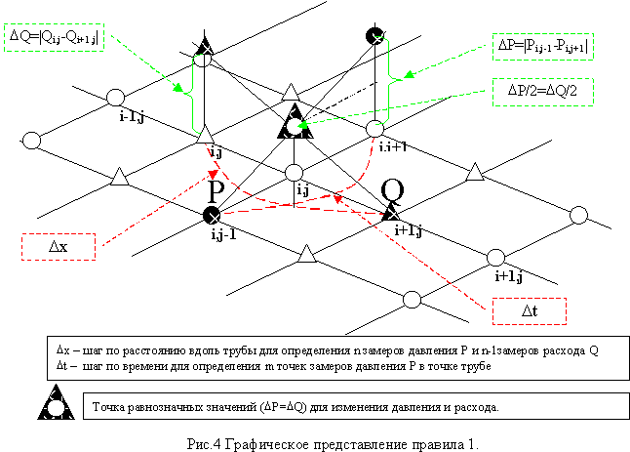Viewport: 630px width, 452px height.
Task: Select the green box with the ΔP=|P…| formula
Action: pyautogui.click(x=541, y=46)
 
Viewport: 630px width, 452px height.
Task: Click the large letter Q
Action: pyautogui.click(x=392, y=188)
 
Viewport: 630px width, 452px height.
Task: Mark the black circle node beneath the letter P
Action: pyautogui.click(x=210, y=214)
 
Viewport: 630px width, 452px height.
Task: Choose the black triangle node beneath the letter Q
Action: pyautogui.click(x=391, y=211)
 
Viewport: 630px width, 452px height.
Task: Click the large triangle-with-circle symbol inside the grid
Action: pyautogui.click(x=292, y=125)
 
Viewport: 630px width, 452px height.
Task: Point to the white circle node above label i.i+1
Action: pyautogui.click(x=376, y=128)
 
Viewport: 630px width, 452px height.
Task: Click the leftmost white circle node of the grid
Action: pyautogui.click(x=30, y=140)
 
